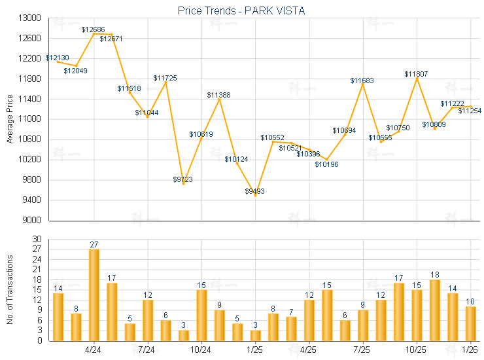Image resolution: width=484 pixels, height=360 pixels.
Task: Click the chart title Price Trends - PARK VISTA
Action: pos(241,10)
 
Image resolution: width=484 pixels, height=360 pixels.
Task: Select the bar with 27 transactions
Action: pos(94,295)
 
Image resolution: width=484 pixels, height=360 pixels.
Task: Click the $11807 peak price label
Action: pos(416,75)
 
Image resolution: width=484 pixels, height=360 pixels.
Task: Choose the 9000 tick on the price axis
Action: pos(33,220)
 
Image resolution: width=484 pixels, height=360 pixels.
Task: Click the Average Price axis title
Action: pos(10,119)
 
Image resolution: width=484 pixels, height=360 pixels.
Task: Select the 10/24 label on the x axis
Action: pos(201,350)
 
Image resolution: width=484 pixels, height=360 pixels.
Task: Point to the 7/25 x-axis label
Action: pos(362,350)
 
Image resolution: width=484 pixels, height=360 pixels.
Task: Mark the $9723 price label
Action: pos(183,179)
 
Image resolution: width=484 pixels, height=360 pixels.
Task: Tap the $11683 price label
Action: pos(362,81)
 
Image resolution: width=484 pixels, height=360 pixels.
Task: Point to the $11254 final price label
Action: pos(470,111)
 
